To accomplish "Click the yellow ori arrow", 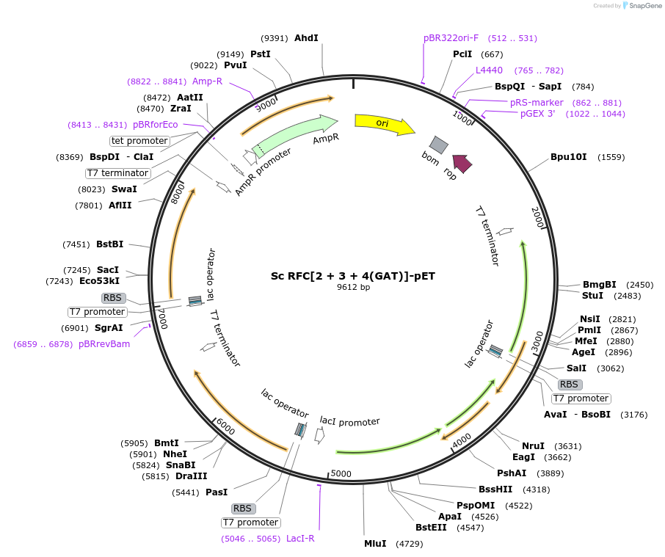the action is click(x=384, y=123).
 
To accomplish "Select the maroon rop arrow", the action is click(x=462, y=163).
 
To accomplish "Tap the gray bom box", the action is click(x=438, y=145).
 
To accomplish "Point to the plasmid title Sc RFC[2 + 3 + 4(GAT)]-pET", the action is click(x=353, y=276).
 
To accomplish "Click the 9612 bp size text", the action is click(x=353, y=288).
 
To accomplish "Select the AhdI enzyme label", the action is click(x=306, y=38).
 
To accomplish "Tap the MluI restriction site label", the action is click(x=375, y=544).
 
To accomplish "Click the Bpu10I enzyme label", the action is click(x=568, y=157).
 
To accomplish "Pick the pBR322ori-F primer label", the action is click(x=451, y=38).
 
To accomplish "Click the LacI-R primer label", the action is click(x=300, y=539).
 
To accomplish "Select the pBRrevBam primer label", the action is click(x=104, y=343).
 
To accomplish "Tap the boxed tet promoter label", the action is click(x=139, y=141).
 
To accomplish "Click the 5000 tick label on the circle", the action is click(x=341, y=473).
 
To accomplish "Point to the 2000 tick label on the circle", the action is click(x=537, y=217).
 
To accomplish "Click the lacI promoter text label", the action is click(x=349, y=421).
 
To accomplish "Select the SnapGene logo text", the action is click(x=644, y=6).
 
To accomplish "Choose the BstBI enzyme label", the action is click(x=110, y=244).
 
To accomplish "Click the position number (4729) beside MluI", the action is click(x=410, y=544).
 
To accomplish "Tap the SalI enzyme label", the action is click(x=576, y=368).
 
